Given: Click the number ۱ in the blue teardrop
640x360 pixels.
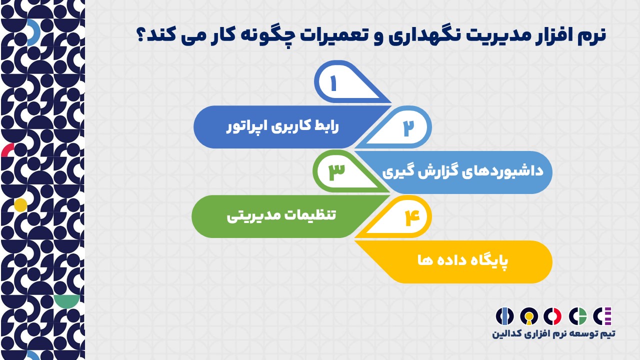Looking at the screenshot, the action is tap(333, 83).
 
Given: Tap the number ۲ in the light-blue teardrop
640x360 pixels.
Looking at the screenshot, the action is tap(408, 127).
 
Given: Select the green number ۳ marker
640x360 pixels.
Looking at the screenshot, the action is tap(337, 172).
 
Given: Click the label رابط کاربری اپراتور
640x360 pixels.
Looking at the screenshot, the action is tap(282, 127).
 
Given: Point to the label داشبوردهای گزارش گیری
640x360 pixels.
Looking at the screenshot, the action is tap(463, 172).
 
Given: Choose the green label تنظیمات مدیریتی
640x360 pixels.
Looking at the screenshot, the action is tap(281, 216).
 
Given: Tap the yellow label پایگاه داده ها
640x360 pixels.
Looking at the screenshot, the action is tap(463, 261).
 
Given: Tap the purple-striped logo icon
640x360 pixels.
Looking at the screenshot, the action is tap(602, 316).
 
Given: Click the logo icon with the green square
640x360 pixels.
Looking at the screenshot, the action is tap(577, 316).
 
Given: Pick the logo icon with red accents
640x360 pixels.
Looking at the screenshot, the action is tap(552, 316).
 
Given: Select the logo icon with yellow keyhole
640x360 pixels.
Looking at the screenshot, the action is tap(529, 316).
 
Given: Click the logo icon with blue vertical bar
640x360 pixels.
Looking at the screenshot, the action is tap(504, 316).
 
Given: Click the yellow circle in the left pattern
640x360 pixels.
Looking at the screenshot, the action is tap(20, 205).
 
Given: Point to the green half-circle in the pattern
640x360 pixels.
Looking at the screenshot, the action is tap(67, 301).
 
